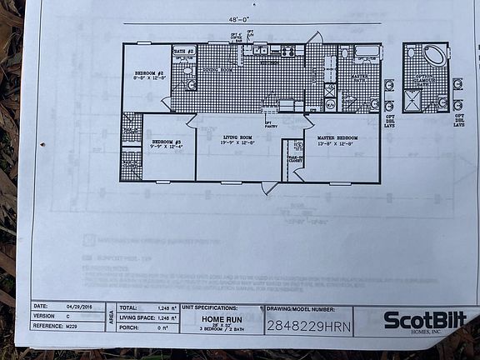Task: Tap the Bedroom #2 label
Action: coord(150,74)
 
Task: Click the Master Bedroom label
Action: coord(337,138)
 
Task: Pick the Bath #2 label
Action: coord(184,52)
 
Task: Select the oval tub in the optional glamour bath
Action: coord(434,58)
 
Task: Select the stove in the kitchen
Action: coord(288,51)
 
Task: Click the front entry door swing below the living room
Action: coord(267,187)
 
